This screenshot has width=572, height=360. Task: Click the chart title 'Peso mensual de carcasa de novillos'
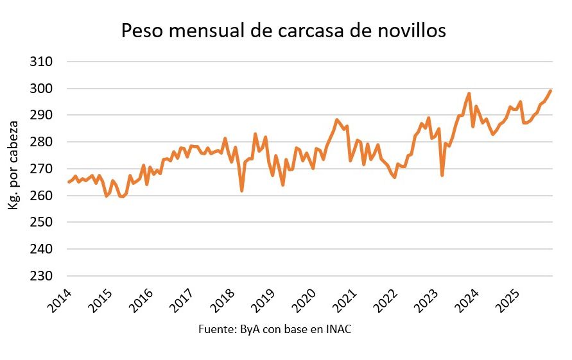point(283,31)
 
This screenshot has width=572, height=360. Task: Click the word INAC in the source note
point(340,330)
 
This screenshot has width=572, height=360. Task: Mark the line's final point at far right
point(551,90)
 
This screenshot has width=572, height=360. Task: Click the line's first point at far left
point(69,182)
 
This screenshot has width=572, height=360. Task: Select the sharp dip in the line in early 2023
point(442,175)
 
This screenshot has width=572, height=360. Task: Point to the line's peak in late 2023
point(469,94)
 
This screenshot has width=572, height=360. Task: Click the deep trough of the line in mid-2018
point(242,191)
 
